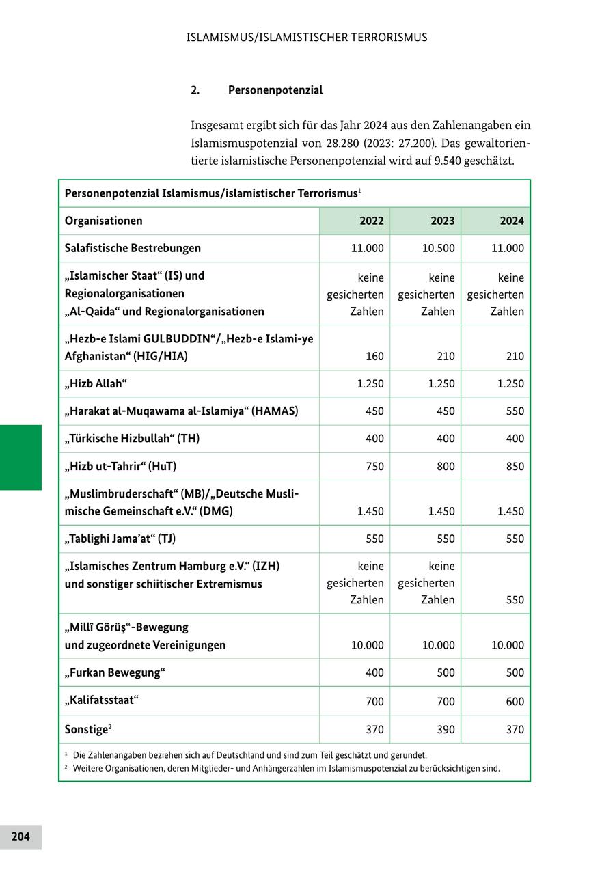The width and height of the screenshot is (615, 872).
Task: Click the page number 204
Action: [20, 836]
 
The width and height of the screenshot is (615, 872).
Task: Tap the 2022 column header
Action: [372, 221]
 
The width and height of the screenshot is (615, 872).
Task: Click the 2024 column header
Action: [512, 221]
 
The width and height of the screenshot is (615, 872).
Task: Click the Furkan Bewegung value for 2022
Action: [374, 673]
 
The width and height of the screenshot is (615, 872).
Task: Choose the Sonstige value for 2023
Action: [446, 730]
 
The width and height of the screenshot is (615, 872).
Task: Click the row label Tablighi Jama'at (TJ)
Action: [120, 539]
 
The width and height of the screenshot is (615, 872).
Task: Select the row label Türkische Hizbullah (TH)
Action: [133, 439]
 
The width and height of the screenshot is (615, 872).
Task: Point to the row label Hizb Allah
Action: [96, 383]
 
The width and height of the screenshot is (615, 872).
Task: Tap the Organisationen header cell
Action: [104, 221]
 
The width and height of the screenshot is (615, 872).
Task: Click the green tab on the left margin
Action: [20, 457]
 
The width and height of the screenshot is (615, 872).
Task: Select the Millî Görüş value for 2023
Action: [438, 645]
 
